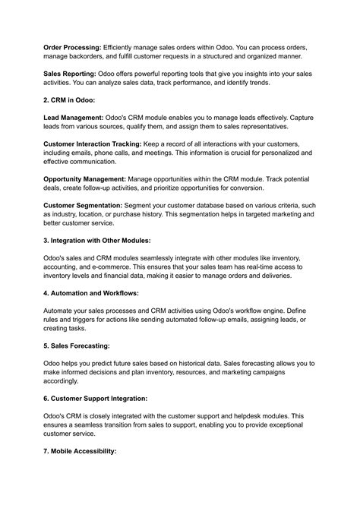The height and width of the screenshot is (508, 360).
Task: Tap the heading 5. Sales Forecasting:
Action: coord(77,346)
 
